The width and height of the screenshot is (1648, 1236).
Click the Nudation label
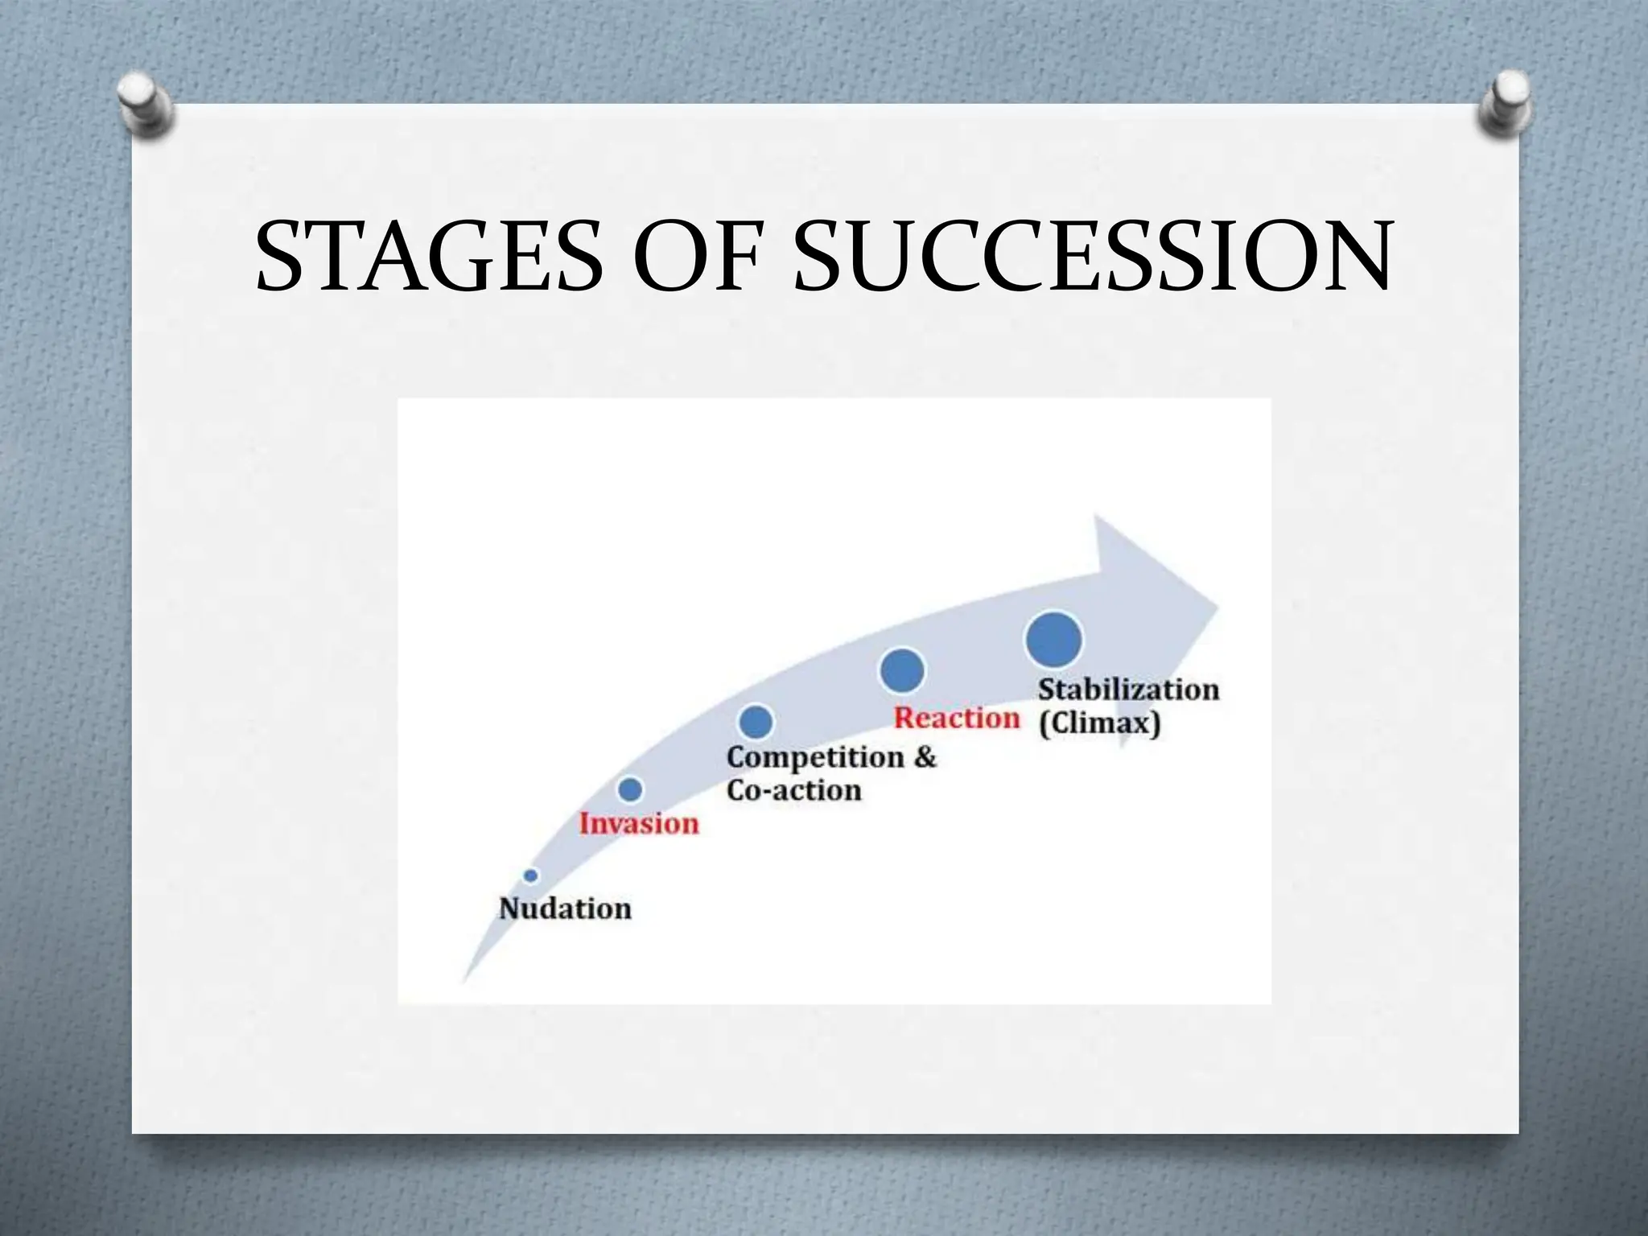[565, 908]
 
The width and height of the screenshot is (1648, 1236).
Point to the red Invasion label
[639, 824]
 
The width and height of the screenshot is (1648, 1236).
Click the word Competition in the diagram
[814, 758]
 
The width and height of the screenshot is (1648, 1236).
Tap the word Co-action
[793, 790]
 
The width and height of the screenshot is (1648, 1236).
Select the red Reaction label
[957, 718]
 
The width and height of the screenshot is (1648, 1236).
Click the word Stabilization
[1128, 690]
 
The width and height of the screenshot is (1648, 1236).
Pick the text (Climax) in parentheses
[1099, 723]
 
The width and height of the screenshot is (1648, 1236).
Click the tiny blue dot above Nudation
[530, 875]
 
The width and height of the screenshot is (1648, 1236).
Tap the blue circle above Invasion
[630, 789]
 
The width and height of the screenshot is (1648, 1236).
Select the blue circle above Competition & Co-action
[756, 722]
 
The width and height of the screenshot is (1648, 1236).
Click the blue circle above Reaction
[902, 670]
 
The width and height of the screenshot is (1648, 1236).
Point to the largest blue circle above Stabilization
[1053, 640]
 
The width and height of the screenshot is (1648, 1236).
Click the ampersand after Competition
[925, 757]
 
